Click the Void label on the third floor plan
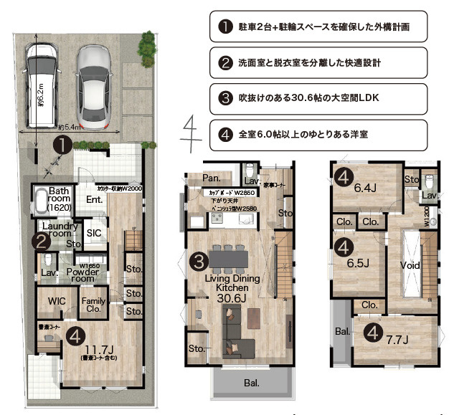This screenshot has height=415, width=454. pyautogui.click(x=410, y=264)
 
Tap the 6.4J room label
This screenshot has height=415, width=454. pyautogui.click(x=364, y=189)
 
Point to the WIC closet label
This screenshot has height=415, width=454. pyautogui.click(x=57, y=302)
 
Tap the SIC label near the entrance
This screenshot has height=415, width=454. pyautogui.click(x=94, y=233)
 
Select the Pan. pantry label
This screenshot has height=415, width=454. pyautogui.click(x=210, y=177)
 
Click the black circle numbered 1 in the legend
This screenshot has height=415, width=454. pyautogui.click(x=224, y=28)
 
